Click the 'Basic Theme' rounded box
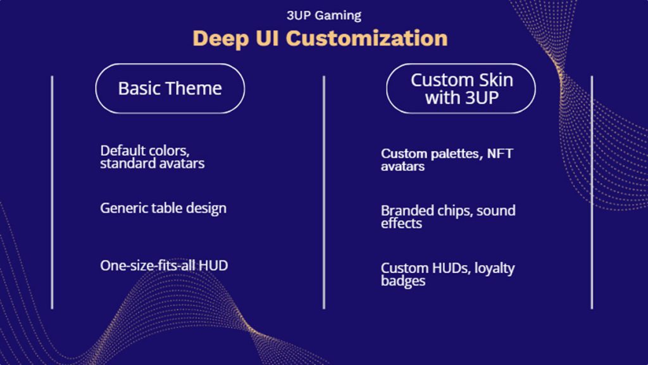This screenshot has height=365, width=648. pos(170,88)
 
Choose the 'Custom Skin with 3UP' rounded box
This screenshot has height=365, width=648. pos(461,89)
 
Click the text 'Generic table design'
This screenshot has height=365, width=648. pos(163,208)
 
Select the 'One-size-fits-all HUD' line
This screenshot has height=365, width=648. pos(164,265)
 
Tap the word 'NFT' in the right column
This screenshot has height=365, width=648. pos(500,154)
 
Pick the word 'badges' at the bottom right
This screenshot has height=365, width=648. pos(403,281)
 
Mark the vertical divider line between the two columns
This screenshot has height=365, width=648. pos(324,190)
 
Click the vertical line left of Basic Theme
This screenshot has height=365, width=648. pos(52,190)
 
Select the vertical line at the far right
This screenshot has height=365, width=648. pos(592,190)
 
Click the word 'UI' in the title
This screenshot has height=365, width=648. pos(266,38)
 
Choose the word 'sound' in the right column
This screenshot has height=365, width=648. pos(496,210)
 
